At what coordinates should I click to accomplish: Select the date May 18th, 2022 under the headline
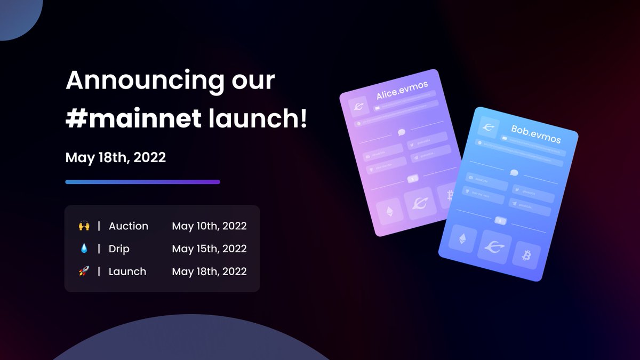[x=115, y=158]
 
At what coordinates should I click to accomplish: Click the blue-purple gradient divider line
[x=142, y=182]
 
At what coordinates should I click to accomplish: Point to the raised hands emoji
[x=84, y=226]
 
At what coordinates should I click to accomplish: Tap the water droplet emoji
[x=84, y=249]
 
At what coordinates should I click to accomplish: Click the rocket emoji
[x=84, y=272]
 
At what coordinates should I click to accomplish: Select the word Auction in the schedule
[x=129, y=226]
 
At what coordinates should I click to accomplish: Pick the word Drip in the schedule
[x=119, y=249]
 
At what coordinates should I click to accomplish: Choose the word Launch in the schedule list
[x=127, y=272]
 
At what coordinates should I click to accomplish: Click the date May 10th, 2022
[x=209, y=226]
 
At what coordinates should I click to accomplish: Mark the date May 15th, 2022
[x=209, y=249]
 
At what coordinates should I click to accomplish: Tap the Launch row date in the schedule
[x=209, y=272]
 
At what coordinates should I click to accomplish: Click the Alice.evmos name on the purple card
[x=402, y=90]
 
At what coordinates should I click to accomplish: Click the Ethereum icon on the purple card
[x=388, y=212]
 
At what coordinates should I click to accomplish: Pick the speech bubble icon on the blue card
[x=514, y=173]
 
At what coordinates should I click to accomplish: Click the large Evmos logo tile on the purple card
[x=420, y=203]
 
